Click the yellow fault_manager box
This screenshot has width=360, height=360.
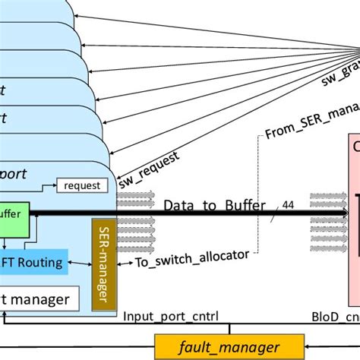218,347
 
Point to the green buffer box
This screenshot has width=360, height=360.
13,214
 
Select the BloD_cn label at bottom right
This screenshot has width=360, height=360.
333,314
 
